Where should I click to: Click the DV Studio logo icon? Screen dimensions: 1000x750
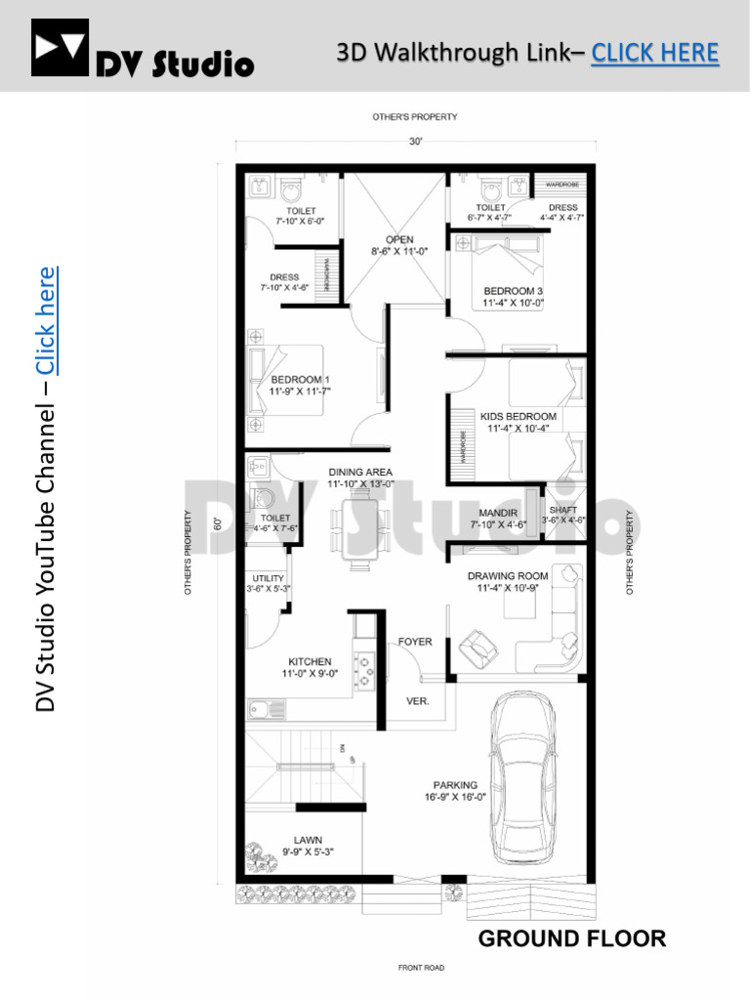tap(60, 49)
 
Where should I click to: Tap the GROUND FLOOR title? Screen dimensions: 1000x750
tap(571, 938)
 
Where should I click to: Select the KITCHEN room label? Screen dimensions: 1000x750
tap(310, 661)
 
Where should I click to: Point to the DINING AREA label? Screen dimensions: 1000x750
tap(360, 472)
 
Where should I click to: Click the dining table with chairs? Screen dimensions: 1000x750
tap(360, 532)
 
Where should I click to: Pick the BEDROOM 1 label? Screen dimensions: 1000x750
tap(301, 380)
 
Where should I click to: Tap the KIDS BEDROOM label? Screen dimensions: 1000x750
tap(518, 416)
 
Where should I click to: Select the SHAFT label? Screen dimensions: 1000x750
tap(563, 510)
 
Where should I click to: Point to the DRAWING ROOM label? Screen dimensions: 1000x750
tap(507, 576)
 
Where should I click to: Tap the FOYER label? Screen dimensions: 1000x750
tap(415, 643)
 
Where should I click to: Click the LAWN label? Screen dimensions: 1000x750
tap(309, 839)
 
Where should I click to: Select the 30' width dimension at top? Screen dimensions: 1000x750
tap(415, 142)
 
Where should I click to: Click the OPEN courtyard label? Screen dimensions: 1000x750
tap(399, 239)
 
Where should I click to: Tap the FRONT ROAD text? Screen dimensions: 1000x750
tap(421, 968)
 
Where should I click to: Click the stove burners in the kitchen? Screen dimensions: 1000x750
tap(365, 670)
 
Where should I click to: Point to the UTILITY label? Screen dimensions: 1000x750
tap(268, 579)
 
